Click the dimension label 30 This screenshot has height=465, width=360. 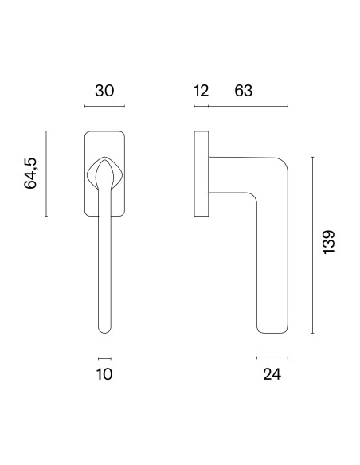tap(104, 91)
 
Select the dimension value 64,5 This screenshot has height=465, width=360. tap(30, 174)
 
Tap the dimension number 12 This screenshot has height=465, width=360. tap(201, 91)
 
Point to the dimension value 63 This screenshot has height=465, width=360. tap(244, 91)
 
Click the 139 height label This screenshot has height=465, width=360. tap(329, 242)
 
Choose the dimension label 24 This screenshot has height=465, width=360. tap(272, 374)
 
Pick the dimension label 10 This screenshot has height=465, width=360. tap(104, 374)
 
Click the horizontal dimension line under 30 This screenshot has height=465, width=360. tap(104, 106)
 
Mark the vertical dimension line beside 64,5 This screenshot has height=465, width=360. tap(46, 174)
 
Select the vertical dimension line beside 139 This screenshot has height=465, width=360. tap(312, 245)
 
